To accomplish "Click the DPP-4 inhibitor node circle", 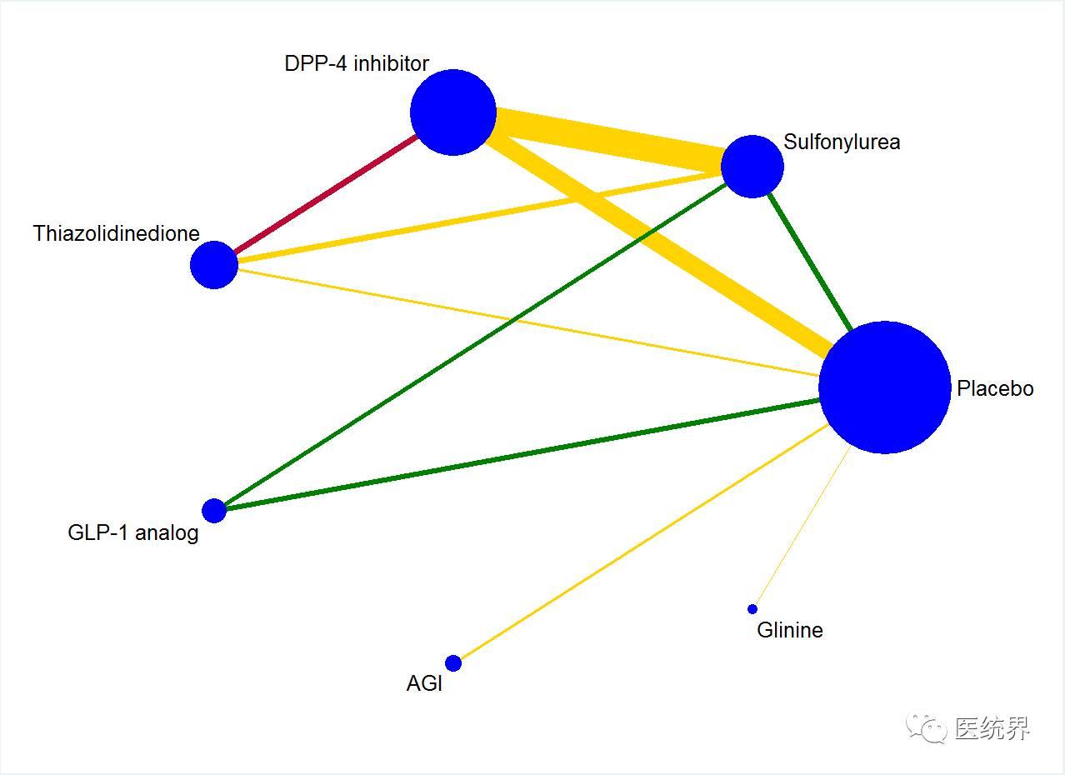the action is click(453, 112).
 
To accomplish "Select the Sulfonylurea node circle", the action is click(752, 167).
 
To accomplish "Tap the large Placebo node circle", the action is click(885, 387).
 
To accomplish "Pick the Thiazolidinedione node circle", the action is click(214, 265).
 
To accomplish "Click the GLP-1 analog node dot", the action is click(214, 511).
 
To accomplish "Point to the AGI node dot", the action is click(453, 662).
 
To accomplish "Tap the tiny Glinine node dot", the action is click(752, 609).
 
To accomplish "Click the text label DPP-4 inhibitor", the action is click(357, 63).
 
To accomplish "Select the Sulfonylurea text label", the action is click(842, 142).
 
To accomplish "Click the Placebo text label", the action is click(995, 388).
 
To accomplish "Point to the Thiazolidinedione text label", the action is click(116, 233).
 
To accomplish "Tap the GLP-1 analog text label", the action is click(133, 533).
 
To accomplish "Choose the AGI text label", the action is click(424, 683).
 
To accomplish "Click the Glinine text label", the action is click(790, 631).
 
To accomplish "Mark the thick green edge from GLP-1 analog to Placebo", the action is click(522, 454).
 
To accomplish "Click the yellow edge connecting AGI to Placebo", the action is click(644, 541).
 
